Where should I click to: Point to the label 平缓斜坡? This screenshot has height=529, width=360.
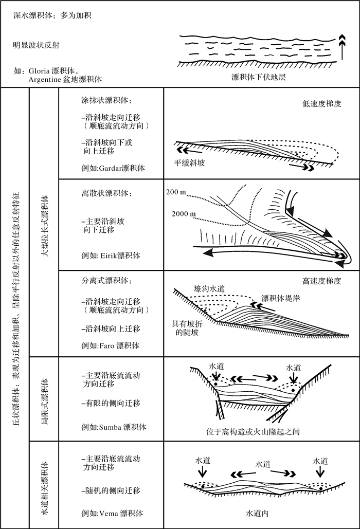(x=190, y=163)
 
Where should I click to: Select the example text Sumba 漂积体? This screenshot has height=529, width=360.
(x=111, y=427)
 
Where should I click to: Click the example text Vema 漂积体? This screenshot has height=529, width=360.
(x=109, y=513)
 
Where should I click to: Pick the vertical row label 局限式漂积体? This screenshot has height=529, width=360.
(x=45, y=397)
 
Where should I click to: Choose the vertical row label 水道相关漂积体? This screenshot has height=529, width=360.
(x=45, y=484)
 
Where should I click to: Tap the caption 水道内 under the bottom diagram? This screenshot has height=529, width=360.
(x=258, y=513)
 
